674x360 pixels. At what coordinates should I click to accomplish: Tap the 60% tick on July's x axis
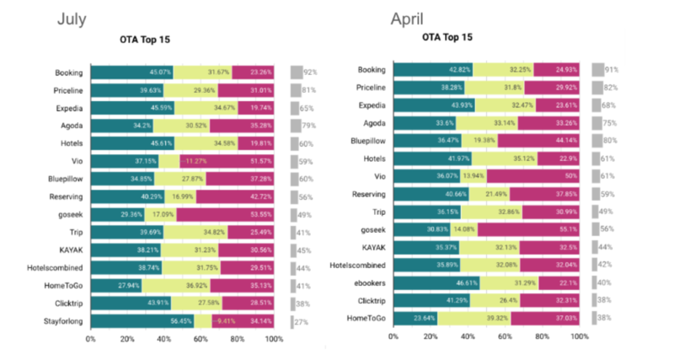pyautogui.click(x=201, y=339)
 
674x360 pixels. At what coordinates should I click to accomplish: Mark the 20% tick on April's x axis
pyautogui.click(x=430, y=336)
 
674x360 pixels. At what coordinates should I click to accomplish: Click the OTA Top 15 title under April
pyautogui.click(x=447, y=38)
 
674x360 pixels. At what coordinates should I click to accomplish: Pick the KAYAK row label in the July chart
pyautogui.click(x=67, y=250)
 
